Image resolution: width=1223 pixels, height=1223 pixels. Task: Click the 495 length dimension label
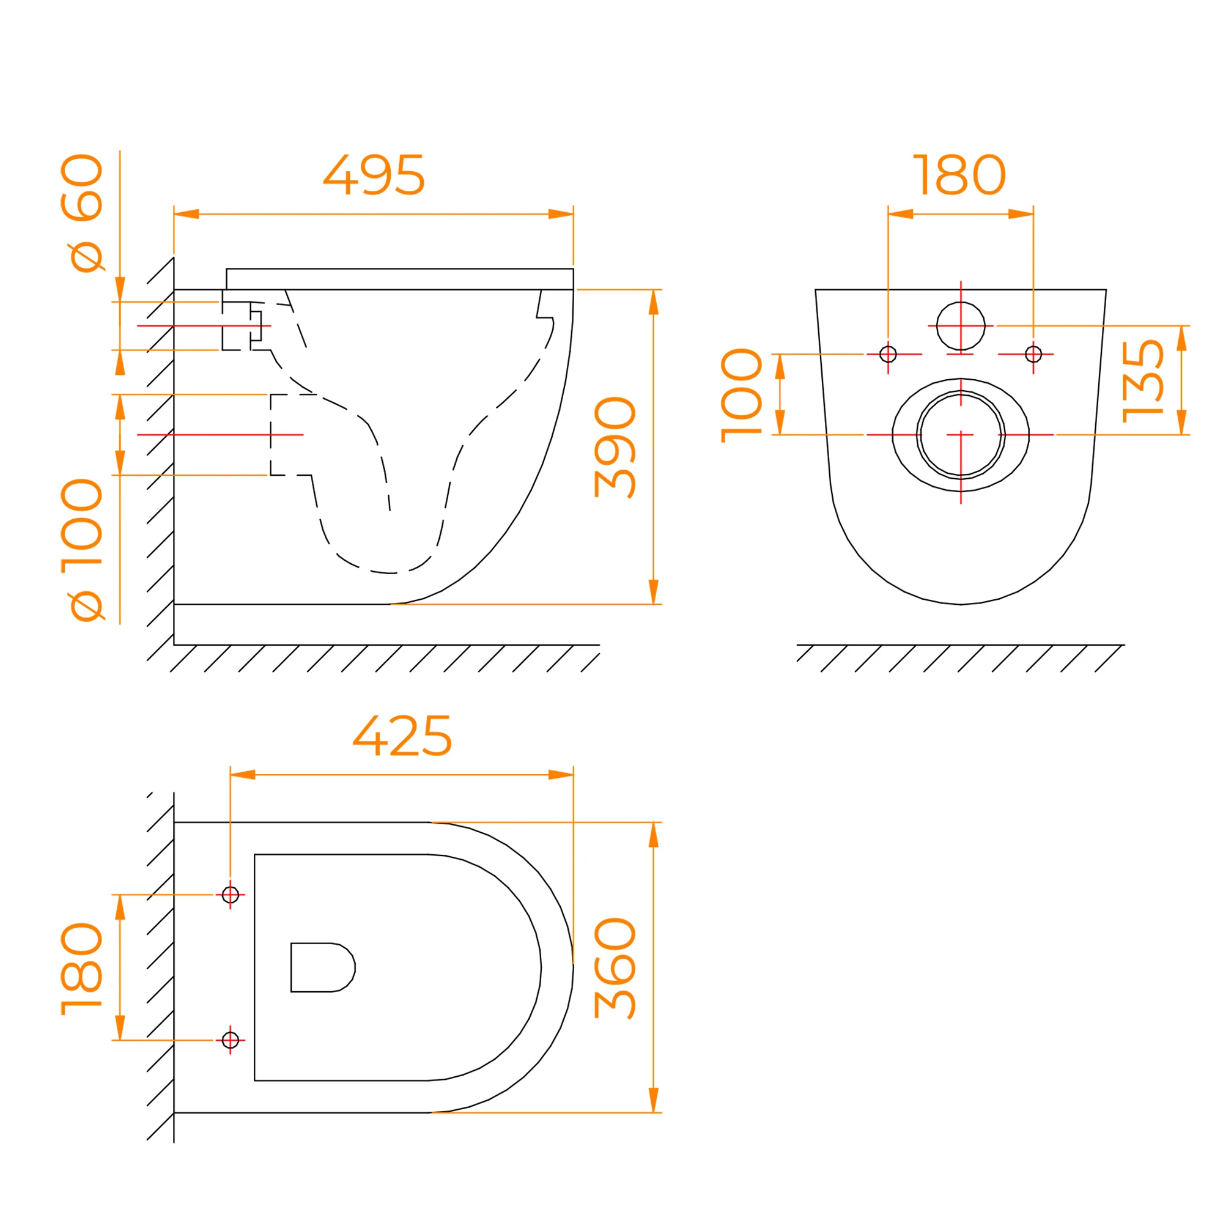[374, 175]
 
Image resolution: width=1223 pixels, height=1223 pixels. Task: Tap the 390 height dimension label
[615, 447]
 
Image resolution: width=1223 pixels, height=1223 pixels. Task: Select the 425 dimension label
[402, 736]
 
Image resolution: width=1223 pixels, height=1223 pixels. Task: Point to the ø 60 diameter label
[82, 213]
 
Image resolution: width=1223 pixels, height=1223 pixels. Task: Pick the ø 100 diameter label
[82, 550]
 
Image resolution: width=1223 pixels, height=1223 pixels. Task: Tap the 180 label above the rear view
[959, 175]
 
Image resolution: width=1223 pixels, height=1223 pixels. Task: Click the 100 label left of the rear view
[741, 395]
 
